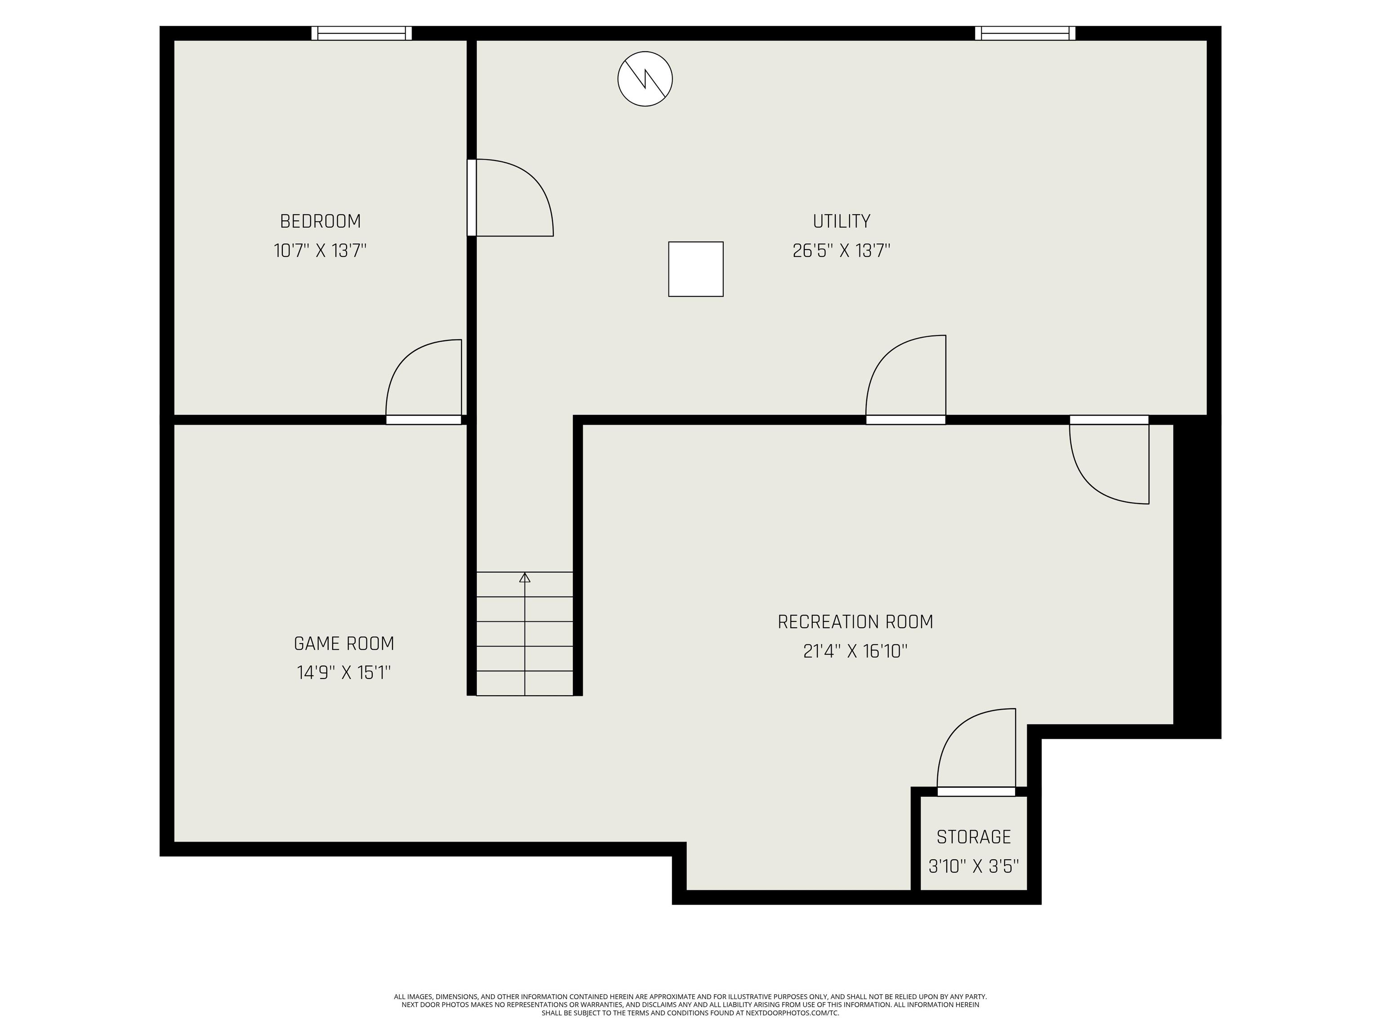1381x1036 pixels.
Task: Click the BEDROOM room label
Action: (320, 221)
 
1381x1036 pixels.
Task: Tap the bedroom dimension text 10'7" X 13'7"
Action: (320, 251)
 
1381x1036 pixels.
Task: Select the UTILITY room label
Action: (841, 221)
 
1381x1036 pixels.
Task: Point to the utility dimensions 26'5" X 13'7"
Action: (841, 251)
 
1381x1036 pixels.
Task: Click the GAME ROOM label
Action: (344, 643)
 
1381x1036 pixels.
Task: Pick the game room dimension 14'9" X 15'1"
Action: (344, 673)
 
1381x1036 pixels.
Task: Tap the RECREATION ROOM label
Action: (855, 622)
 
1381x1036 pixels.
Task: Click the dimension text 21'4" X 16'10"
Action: (855, 652)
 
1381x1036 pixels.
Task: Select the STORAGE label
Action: (973, 837)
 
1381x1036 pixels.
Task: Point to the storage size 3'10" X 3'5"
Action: (973, 866)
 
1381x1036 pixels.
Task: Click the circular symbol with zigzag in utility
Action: (645, 79)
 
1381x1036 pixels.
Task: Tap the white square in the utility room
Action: (695, 269)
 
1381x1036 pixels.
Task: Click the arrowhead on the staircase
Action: (525, 578)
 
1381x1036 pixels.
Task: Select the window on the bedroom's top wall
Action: (361, 33)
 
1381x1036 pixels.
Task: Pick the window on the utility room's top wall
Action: (1025, 33)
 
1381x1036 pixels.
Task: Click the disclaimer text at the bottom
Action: (690, 1005)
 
